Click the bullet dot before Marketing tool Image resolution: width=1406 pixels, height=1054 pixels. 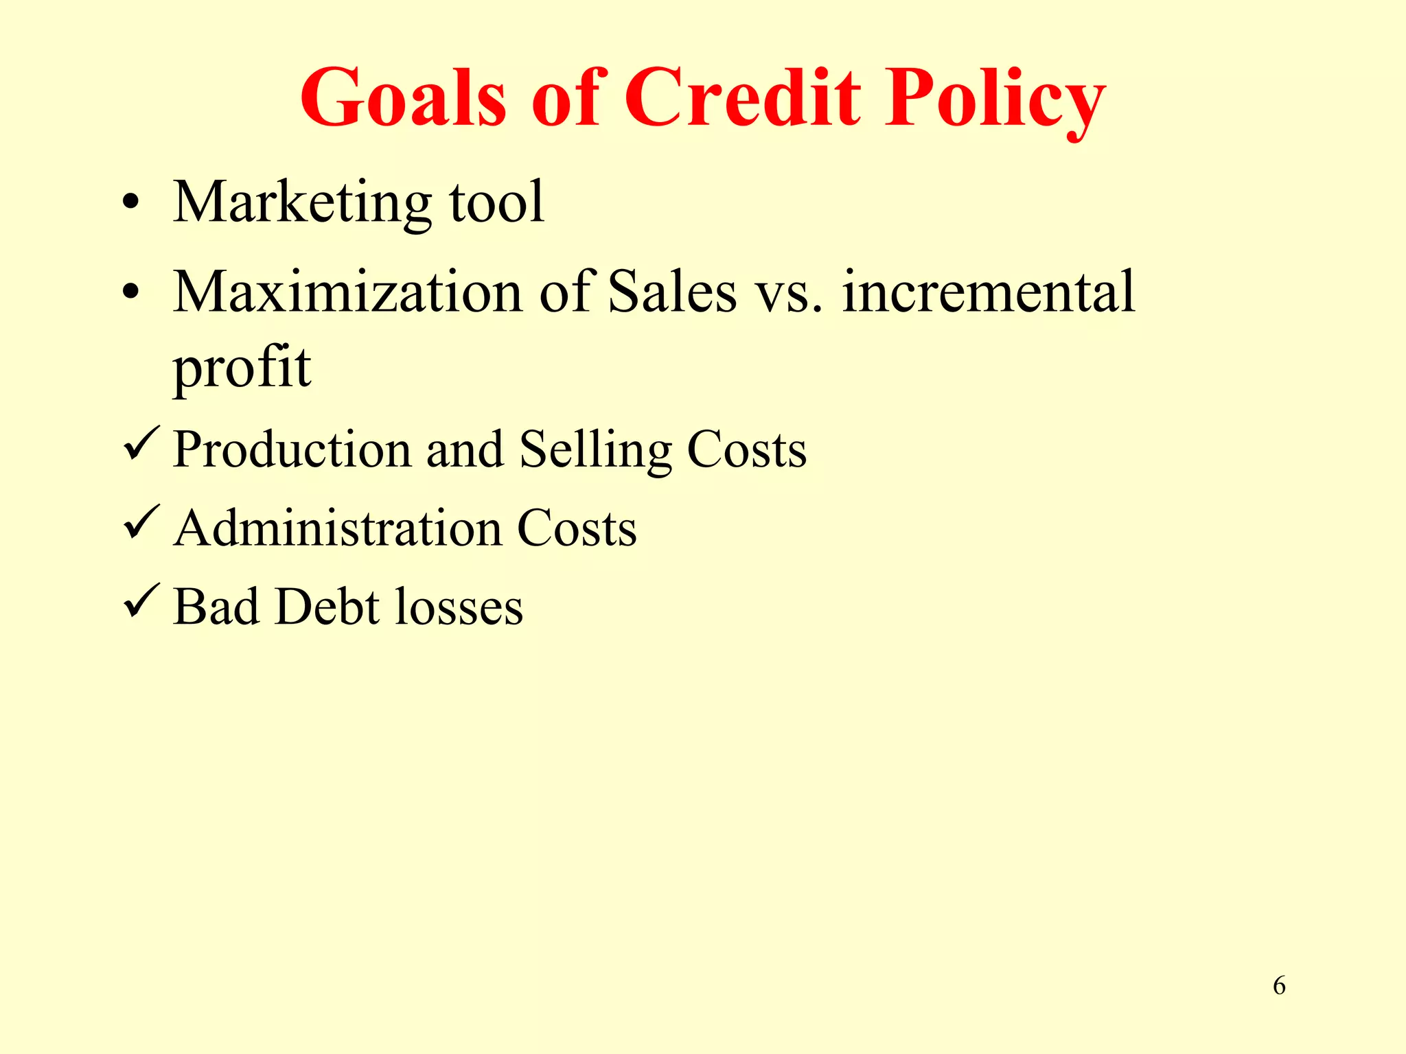coord(130,203)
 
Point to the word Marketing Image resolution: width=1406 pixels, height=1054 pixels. coord(302,203)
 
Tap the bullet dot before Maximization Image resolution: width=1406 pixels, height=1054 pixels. coord(130,293)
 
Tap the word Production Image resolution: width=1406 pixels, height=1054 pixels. coord(292,449)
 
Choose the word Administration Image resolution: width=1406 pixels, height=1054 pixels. coord(337,528)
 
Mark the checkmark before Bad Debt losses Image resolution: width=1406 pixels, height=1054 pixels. coord(141,600)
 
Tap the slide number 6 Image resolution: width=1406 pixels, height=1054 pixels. coord(1279,985)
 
